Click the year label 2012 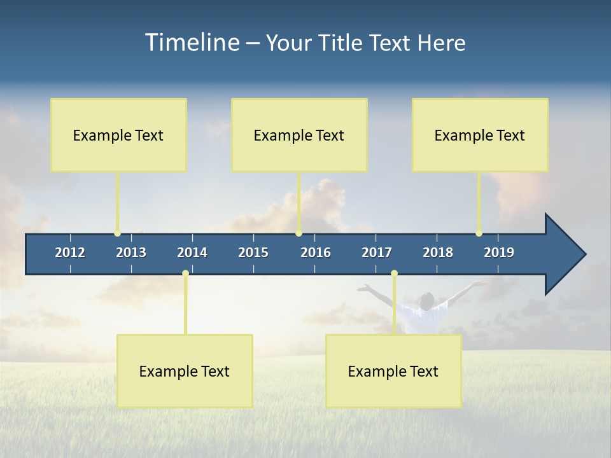pyautogui.click(x=70, y=253)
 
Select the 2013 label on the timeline pyautogui.click(x=131, y=253)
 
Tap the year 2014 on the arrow pyautogui.click(x=192, y=253)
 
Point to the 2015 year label pyautogui.click(x=253, y=253)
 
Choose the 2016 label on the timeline pyautogui.click(x=316, y=253)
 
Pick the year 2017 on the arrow pyautogui.click(x=377, y=253)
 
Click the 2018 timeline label pyautogui.click(x=438, y=253)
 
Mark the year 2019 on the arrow pyautogui.click(x=499, y=253)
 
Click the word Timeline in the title pyautogui.click(x=192, y=43)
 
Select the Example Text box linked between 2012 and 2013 pyautogui.click(x=118, y=135)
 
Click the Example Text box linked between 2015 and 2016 pyautogui.click(x=299, y=135)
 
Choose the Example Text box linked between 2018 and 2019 pyautogui.click(x=480, y=135)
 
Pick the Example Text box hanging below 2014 pyautogui.click(x=185, y=371)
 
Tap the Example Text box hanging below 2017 pyautogui.click(x=393, y=371)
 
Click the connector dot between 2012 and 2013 pyautogui.click(x=117, y=233)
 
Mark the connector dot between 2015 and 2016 pyautogui.click(x=298, y=233)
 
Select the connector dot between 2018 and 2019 pyautogui.click(x=479, y=233)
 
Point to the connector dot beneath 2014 pyautogui.click(x=185, y=274)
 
